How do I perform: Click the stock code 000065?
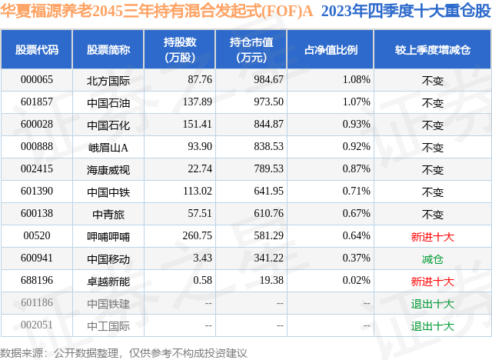(37, 80)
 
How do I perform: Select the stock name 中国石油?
(108, 102)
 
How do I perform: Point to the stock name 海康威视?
(108, 169)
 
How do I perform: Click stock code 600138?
(37, 214)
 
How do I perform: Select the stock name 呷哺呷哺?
(108, 236)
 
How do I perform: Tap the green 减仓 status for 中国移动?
(433, 259)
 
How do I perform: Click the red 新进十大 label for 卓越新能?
(433, 282)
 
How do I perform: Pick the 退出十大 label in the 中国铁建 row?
(433, 304)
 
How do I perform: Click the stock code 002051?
(37, 325)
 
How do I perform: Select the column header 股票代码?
(37, 50)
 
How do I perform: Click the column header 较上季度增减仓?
(433, 50)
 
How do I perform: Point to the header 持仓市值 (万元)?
(252, 50)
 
